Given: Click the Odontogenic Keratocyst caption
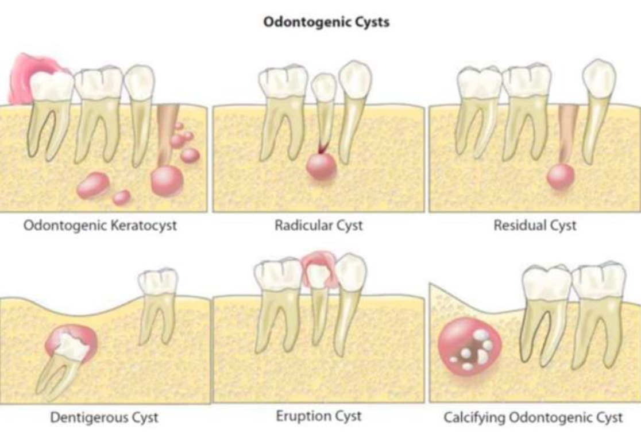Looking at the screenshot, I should (100, 224).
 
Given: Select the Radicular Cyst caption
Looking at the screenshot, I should (318, 225).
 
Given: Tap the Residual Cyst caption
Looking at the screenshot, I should (535, 225).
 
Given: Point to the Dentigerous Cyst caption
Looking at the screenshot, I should (104, 417).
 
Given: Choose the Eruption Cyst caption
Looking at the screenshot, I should (319, 415).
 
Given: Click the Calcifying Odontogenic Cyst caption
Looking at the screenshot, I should (533, 417).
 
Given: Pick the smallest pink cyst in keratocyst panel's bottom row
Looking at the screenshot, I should (122, 197).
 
